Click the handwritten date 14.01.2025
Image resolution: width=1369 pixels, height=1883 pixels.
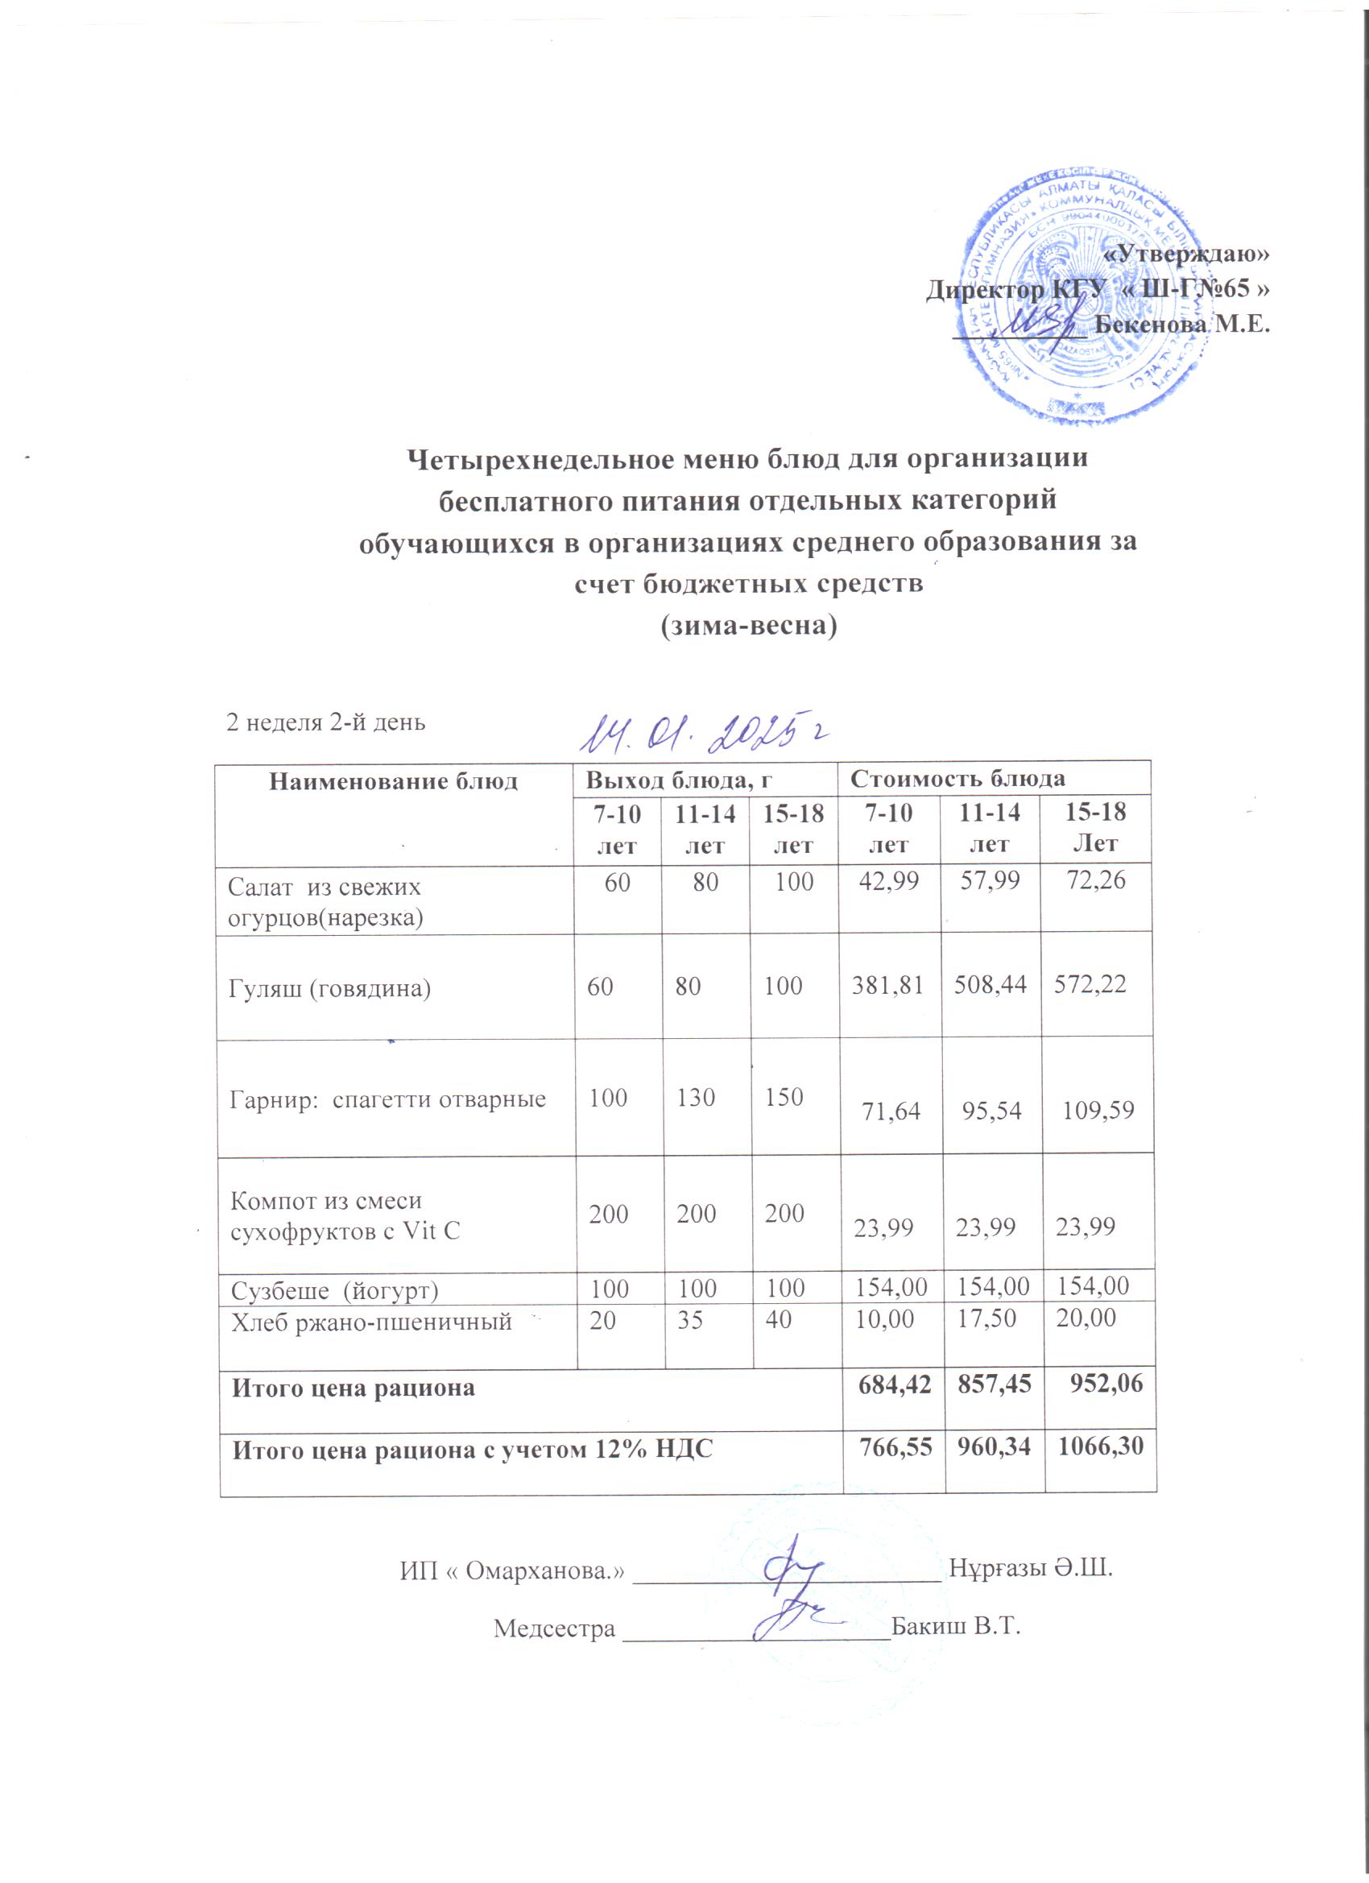702,729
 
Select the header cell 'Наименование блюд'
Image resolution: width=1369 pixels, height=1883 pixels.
393,781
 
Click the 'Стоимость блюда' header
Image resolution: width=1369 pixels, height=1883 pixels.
959,779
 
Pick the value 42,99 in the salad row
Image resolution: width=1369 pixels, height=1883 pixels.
888,882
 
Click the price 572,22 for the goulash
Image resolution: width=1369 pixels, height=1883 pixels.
1090,985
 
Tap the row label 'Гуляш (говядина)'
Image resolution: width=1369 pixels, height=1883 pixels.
329,988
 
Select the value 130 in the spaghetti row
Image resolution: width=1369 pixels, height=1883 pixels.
696,1098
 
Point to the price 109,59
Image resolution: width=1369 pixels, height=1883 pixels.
1098,1111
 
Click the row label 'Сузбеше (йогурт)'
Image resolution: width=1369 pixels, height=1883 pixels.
334,1290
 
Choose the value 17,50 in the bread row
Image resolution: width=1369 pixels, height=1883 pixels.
986,1318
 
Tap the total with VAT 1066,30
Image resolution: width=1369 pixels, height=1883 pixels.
1099,1447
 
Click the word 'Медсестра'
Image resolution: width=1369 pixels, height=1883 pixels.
555,1628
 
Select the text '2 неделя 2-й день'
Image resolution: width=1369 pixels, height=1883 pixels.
326,722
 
